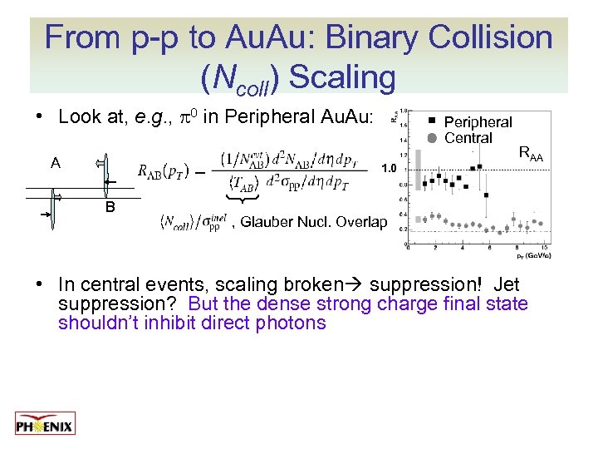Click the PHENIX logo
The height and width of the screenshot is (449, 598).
tap(45, 424)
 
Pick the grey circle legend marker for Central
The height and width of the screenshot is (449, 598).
tap(432, 137)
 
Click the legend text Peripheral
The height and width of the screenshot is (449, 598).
tap(478, 122)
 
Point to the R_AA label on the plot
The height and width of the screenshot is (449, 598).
tap(531, 152)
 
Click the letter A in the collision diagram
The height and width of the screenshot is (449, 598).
tap(55, 164)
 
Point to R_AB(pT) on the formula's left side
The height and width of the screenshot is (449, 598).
tap(163, 172)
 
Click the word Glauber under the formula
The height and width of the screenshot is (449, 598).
tap(266, 222)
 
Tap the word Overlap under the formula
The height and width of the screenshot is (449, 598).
tap(364, 222)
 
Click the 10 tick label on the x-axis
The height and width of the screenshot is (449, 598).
tap(543, 246)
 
